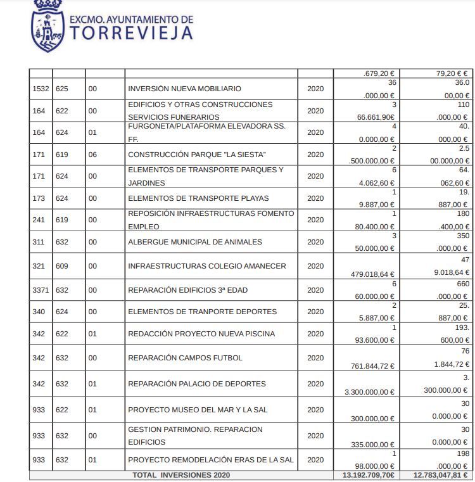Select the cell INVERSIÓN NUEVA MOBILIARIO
tap(184, 89)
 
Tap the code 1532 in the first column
tap(41, 89)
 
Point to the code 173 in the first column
tap(39, 198)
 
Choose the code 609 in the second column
tap(62, 266)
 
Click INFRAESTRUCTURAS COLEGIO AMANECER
tap(207, 266)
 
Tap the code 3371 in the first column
tap(41, 290)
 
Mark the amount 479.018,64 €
tap(372, 274)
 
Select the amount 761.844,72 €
tap(373, 366)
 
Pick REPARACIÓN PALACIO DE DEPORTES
tap(197, 384)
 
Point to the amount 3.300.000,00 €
tap(370, 392)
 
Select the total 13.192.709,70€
tap(368, 475)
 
